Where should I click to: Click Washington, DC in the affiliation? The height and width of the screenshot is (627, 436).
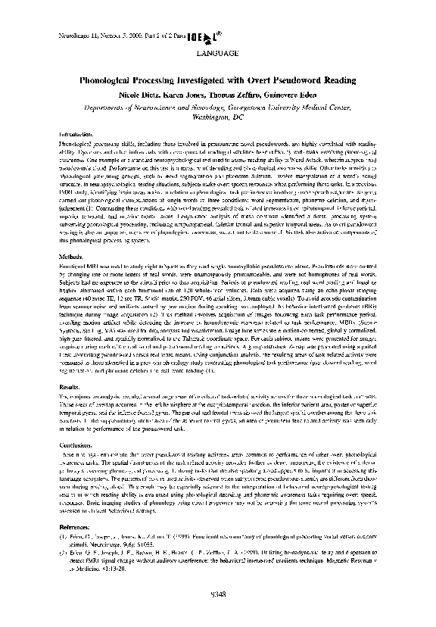pyautogui.click(x=218, y=118)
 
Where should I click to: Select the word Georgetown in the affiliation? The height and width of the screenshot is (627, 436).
pyautogui.click(x=263, y=108)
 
